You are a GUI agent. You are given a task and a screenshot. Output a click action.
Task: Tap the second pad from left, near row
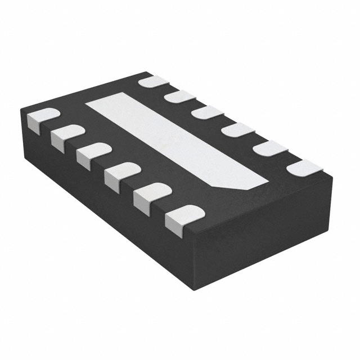click(x=67, y=135)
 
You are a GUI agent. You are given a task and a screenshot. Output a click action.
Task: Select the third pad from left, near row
click(x=93, y=153)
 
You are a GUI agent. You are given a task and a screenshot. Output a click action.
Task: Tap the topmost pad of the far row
click(x=154, y=82)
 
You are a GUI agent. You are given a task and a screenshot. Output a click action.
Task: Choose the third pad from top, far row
click(x=207, y=112)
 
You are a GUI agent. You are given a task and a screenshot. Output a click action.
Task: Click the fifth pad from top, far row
click(x=269, y=148)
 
